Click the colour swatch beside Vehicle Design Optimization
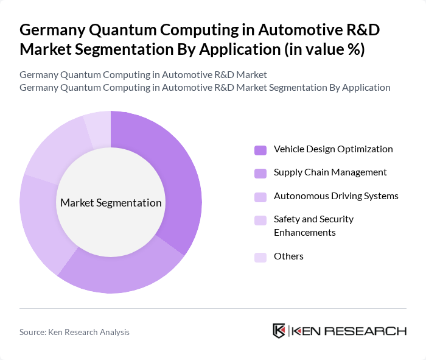point(260,150)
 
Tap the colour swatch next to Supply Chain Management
point(260,173)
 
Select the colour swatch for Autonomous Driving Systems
point(260,197)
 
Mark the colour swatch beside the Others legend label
point(260,257)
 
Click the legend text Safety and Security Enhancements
point(313,225)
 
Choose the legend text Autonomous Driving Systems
point(336,196)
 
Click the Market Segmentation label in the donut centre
point(111,203)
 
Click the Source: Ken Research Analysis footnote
point(74,332)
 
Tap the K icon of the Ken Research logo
point(279,331)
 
